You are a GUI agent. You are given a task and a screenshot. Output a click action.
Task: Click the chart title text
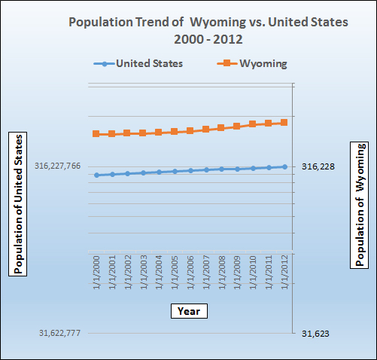pos(208,30)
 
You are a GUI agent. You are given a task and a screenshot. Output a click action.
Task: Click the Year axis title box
pos(188,310)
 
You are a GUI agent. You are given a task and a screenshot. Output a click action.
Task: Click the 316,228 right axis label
pos(318,166)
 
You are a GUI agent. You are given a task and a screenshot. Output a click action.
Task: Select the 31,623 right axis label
pos(315,333)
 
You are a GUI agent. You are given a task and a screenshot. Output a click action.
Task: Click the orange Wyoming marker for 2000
pos(96,134)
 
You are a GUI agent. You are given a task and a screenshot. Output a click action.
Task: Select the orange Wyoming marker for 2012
pos(284,122)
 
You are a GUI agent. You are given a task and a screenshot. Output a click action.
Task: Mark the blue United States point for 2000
pos(96,175)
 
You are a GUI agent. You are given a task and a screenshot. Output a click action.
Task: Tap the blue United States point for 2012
pos(284,166)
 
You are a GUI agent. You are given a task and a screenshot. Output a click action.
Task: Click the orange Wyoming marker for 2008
pos(221,128)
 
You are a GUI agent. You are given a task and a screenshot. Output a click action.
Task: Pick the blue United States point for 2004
pos(159,172)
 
